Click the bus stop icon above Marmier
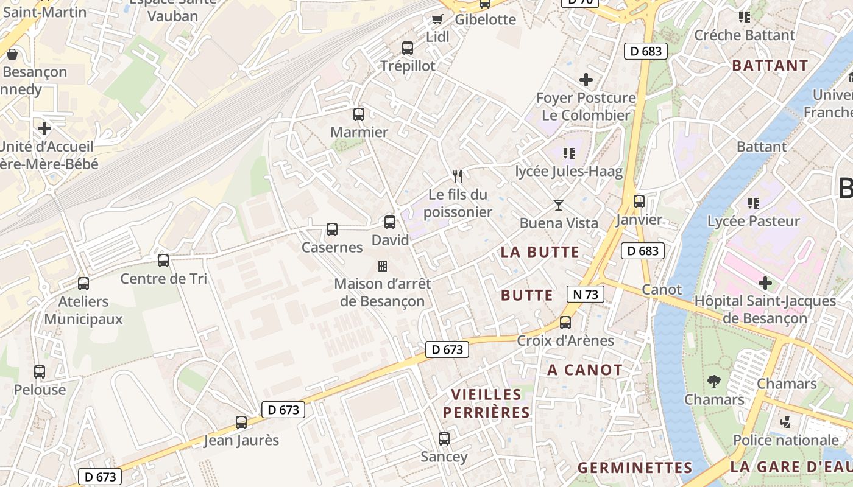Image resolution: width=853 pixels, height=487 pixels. coord(359,114)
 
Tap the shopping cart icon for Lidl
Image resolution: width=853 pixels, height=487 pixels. coord(437,19)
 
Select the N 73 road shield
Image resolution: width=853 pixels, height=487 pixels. coord(585,295)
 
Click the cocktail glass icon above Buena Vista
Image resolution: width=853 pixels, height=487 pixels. coord(559,205)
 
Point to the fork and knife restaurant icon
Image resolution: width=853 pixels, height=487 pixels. coord(458,177)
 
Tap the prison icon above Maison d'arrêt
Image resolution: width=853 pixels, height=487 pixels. coord(383,266)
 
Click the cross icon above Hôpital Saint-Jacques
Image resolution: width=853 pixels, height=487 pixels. coord(765,283)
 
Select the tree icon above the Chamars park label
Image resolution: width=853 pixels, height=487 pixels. coord(714,382)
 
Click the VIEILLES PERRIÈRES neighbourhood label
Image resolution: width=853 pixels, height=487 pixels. coord(486,404)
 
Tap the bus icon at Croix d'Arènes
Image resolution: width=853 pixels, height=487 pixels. coord(565,322)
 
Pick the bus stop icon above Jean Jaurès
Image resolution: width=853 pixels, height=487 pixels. coord(241,422)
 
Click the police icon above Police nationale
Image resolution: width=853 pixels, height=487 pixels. coord(786,422)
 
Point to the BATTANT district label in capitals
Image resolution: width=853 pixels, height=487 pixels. coord(770,66)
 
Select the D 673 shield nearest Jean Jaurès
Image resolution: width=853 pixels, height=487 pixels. coord(283,410)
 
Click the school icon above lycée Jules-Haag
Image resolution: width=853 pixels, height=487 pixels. coord(569,153)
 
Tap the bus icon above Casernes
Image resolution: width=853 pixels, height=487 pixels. coord(332,229)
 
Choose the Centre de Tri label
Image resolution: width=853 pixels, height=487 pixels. coord(163,279)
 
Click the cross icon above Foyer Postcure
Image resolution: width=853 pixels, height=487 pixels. coord(586,80)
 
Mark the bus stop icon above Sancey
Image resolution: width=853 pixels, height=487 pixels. coord(444,438)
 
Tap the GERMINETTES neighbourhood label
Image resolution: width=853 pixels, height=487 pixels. coord(635,468)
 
